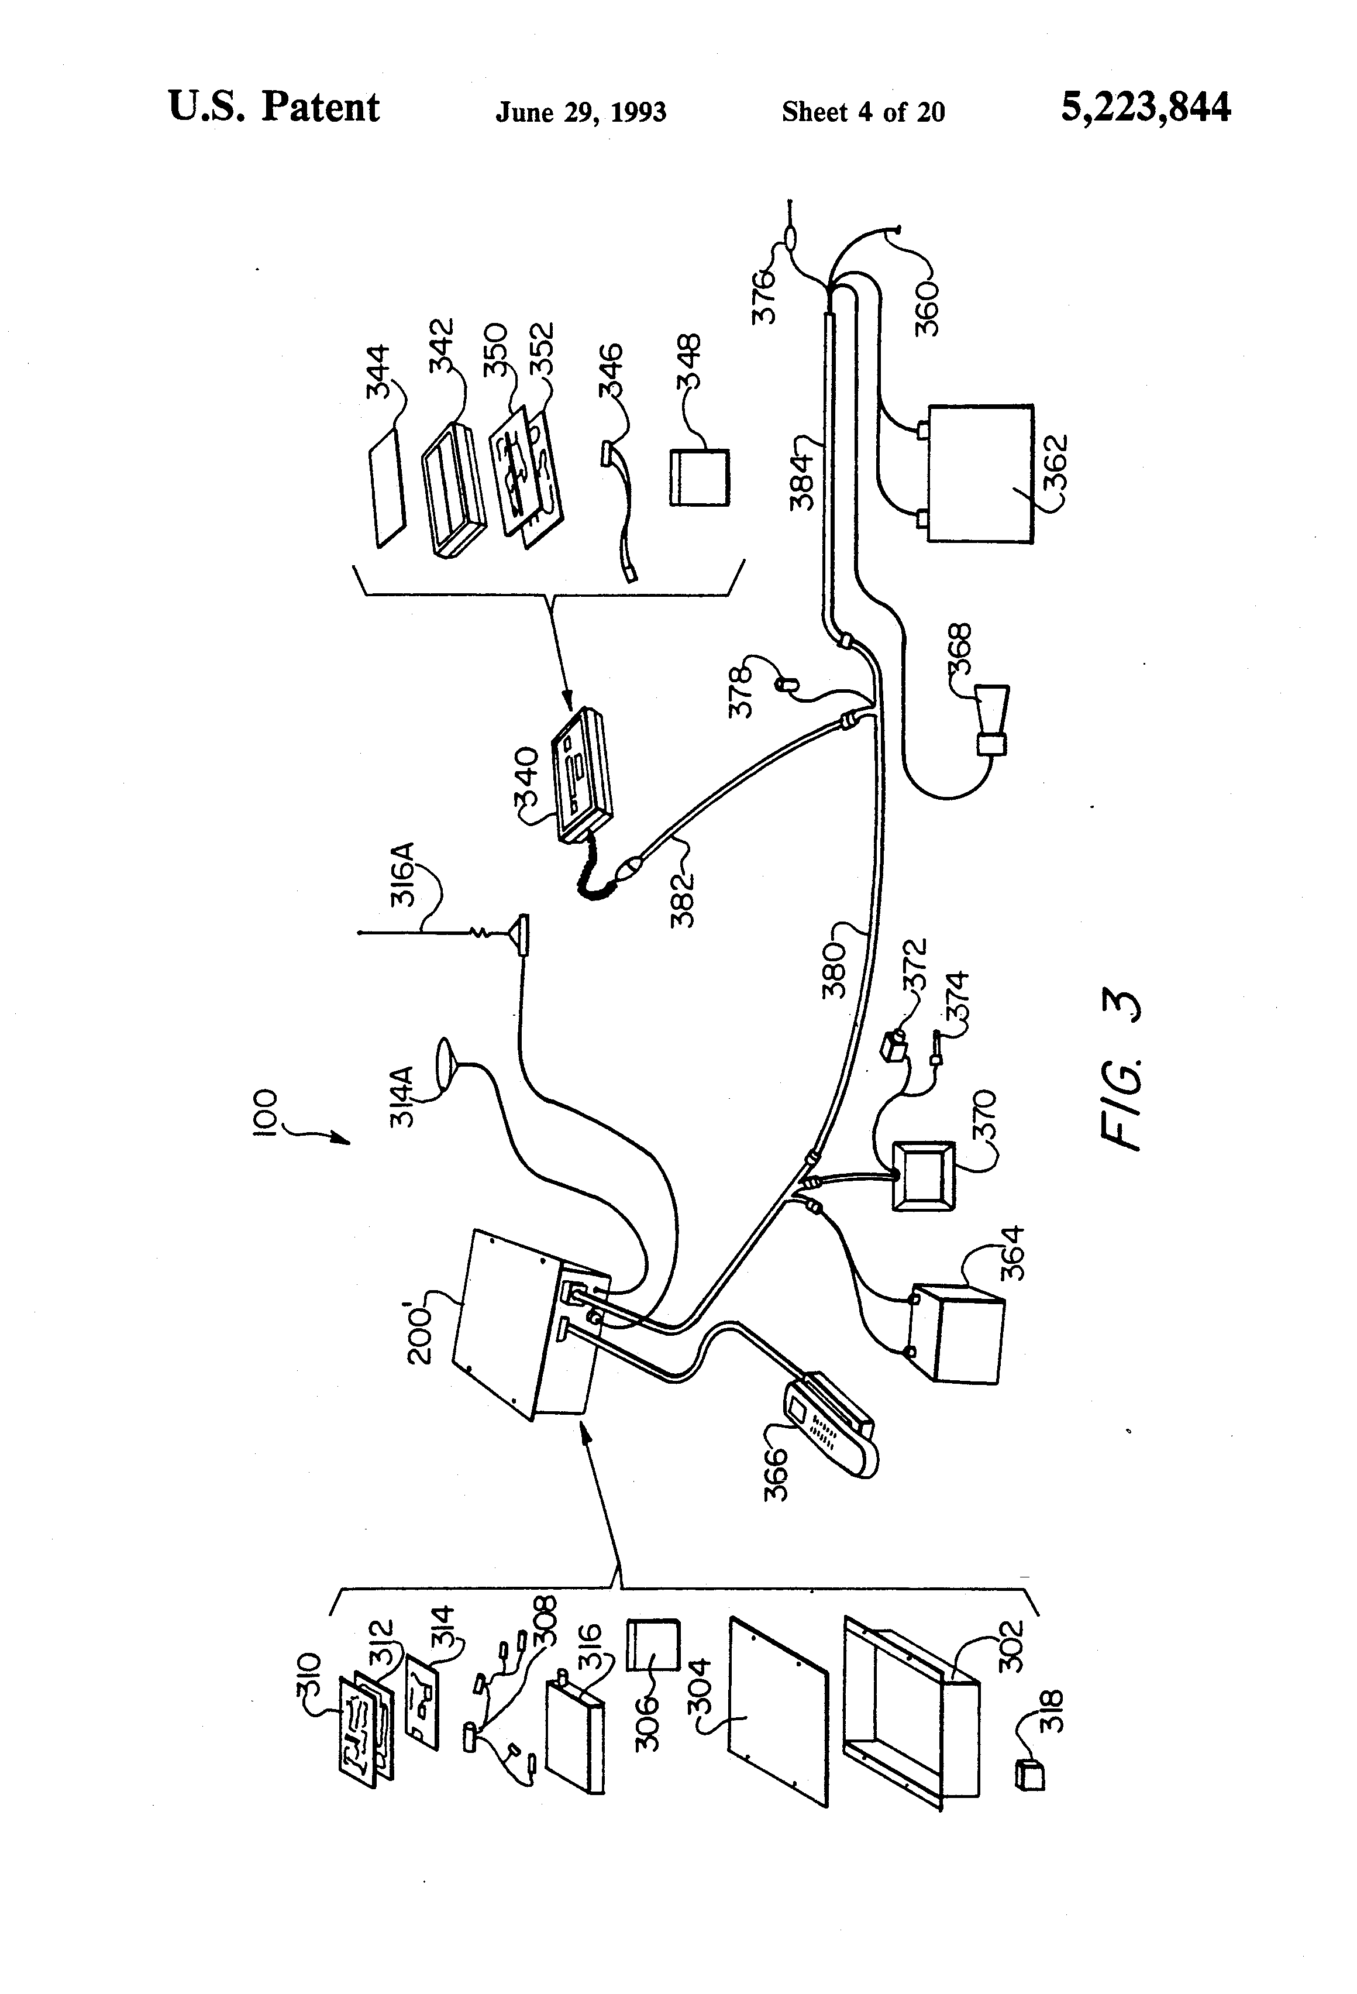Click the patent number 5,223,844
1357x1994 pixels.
(x=1145, y=109)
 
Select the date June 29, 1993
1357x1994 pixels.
(x=581, y=112)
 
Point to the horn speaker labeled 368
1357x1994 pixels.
(x=993, y=719)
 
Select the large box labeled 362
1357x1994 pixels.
(x=980, y=473)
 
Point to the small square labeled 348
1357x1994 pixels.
(x=699, y=477)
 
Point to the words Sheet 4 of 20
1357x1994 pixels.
(x=863, y=112)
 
